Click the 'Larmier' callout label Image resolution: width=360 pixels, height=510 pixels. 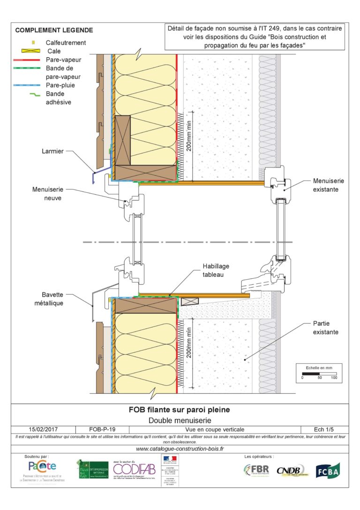[52, 152]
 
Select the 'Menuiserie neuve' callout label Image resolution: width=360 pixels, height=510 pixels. [47, 194]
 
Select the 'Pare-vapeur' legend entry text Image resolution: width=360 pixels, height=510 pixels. [64, 60]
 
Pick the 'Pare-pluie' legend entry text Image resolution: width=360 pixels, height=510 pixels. [60, 85]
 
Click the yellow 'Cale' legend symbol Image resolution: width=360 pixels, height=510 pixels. [33, 51]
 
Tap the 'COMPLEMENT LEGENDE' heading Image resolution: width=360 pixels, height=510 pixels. [54, 30]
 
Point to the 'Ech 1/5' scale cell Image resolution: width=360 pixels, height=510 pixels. [324, 429]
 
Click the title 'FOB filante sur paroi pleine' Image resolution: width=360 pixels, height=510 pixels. [180, 410]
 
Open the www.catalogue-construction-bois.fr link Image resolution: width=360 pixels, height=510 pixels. [180, 449]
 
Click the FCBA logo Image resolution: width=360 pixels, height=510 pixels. [328, 470]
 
